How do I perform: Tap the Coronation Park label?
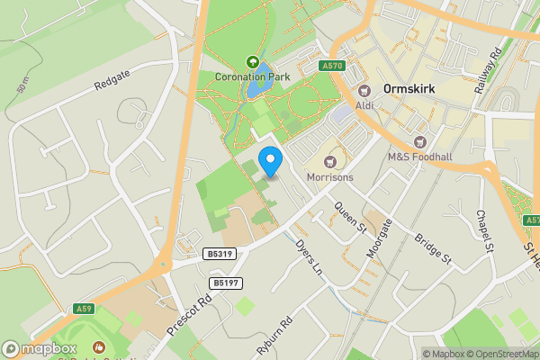point(252,76)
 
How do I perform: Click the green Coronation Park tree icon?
point(252,62)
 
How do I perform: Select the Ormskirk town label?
point(410,90)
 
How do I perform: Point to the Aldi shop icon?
point(365,90)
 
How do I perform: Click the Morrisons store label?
point(328,176)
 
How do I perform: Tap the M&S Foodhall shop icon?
point(419,141)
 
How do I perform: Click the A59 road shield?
point(83,309)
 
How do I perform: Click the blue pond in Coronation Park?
point(258,80)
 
